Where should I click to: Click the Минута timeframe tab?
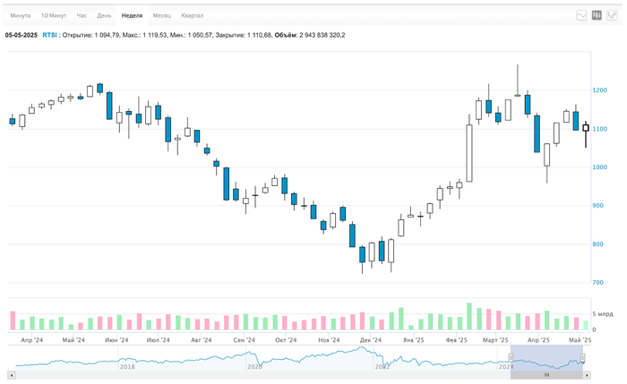point(21,16)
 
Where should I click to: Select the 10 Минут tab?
point(53,16)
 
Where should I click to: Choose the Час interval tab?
point(82,16)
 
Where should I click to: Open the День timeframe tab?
point(105,16)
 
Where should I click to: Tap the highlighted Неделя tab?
point(132,16)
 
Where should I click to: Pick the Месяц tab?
point(162,16)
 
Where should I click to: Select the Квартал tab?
point(192,16)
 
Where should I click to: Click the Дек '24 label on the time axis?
point(370,341)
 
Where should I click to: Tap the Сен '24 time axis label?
point(243,341)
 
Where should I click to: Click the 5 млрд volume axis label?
point(606,314)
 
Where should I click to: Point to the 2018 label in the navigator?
point(127,365)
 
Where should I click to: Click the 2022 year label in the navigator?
point(382,365)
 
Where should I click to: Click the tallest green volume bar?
point(469,316)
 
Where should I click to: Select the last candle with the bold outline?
point(586,128)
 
